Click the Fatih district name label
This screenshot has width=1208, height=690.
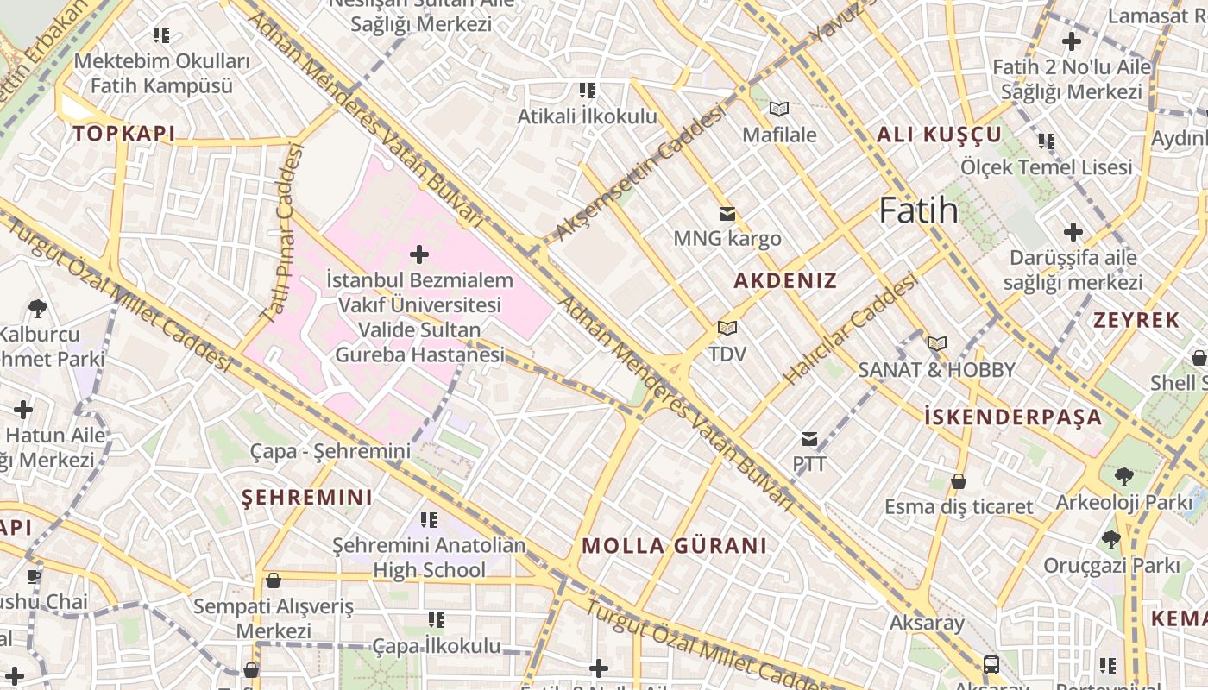918,210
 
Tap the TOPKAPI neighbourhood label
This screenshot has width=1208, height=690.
123,134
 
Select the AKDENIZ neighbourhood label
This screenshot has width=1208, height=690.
785,280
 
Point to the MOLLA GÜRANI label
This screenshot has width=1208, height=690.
674,546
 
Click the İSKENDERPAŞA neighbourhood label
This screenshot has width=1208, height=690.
1013,417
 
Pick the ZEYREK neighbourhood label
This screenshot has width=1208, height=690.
1136,320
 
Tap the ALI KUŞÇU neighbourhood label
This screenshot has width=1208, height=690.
939,135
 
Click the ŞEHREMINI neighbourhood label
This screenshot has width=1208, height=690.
307,498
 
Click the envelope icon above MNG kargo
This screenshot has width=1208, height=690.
727,214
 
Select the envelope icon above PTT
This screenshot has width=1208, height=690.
808,440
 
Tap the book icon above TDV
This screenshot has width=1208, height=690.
727,329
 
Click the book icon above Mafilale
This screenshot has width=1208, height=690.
779,110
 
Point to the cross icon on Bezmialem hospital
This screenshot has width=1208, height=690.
419,254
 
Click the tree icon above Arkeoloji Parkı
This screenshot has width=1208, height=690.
1123,477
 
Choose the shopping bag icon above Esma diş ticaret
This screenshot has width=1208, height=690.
958,481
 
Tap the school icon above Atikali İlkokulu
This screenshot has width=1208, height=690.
588,91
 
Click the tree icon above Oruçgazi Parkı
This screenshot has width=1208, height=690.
1110,541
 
